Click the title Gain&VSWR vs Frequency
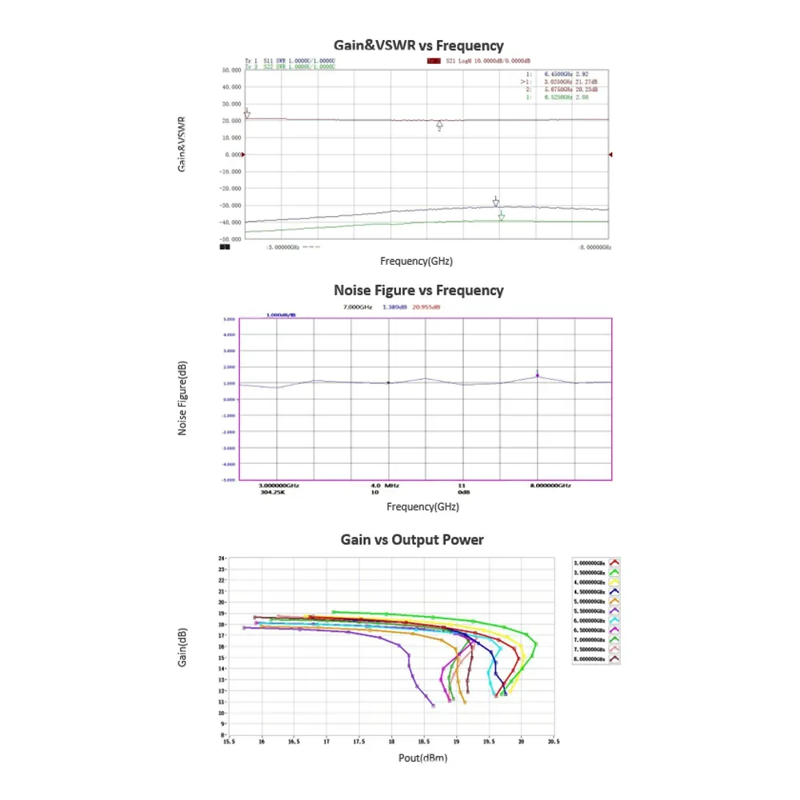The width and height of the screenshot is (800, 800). pyautogui.click(x=418, y=46)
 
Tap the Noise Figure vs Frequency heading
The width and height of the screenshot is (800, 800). pyautogui.click(x=418, y=290)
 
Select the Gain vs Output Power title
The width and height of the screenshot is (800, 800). pyautogui.click(x=412, y=540)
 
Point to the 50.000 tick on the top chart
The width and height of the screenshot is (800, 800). pyautogui.click(x=231, y=70)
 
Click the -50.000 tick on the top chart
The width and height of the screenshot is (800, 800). pyautogui.click(x=230, y=239)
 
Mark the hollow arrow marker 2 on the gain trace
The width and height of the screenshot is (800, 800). pyautogui.click(x=439, y=126)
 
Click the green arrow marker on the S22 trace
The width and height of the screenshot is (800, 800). pyautogui.click(x=502, y=216)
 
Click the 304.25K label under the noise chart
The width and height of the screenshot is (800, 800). pyautogui.click(x=272, y=492)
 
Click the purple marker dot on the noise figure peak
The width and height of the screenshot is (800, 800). pyautogui.click(x=538, y=376)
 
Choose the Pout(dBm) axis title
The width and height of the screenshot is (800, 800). pyautogui.click(x=422, y=758)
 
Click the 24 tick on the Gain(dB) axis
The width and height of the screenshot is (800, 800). pyautogui.click(x=222, y=558)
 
